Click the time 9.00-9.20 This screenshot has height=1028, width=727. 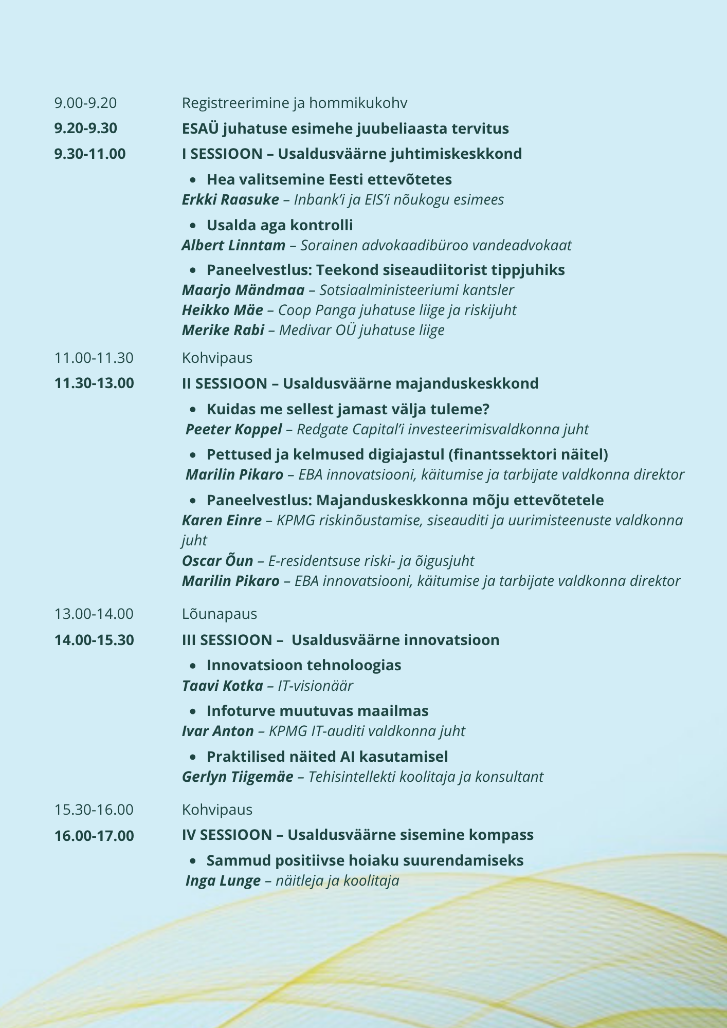point(85,103)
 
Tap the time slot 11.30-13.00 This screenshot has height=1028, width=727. point(94,383)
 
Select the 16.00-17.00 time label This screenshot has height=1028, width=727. point(94,835)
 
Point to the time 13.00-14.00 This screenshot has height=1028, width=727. point(94,614)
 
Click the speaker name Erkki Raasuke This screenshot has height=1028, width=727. point(230,199)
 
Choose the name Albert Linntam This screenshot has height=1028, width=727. point(233,245)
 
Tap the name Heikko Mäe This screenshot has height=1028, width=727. point(222,310)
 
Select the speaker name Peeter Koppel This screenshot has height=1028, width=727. point(233,429)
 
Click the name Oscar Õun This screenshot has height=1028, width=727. point(217,561)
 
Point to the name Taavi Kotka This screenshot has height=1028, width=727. point(222,686)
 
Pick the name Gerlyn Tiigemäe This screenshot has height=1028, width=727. point(238,777)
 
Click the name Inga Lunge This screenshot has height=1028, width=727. point(223,881)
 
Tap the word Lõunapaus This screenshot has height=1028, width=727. point(219,614)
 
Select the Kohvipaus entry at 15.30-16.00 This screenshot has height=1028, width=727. point(217,810)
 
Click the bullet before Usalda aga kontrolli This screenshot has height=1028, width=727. point(193,226)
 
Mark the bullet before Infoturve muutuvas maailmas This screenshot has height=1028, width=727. point(193,711)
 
